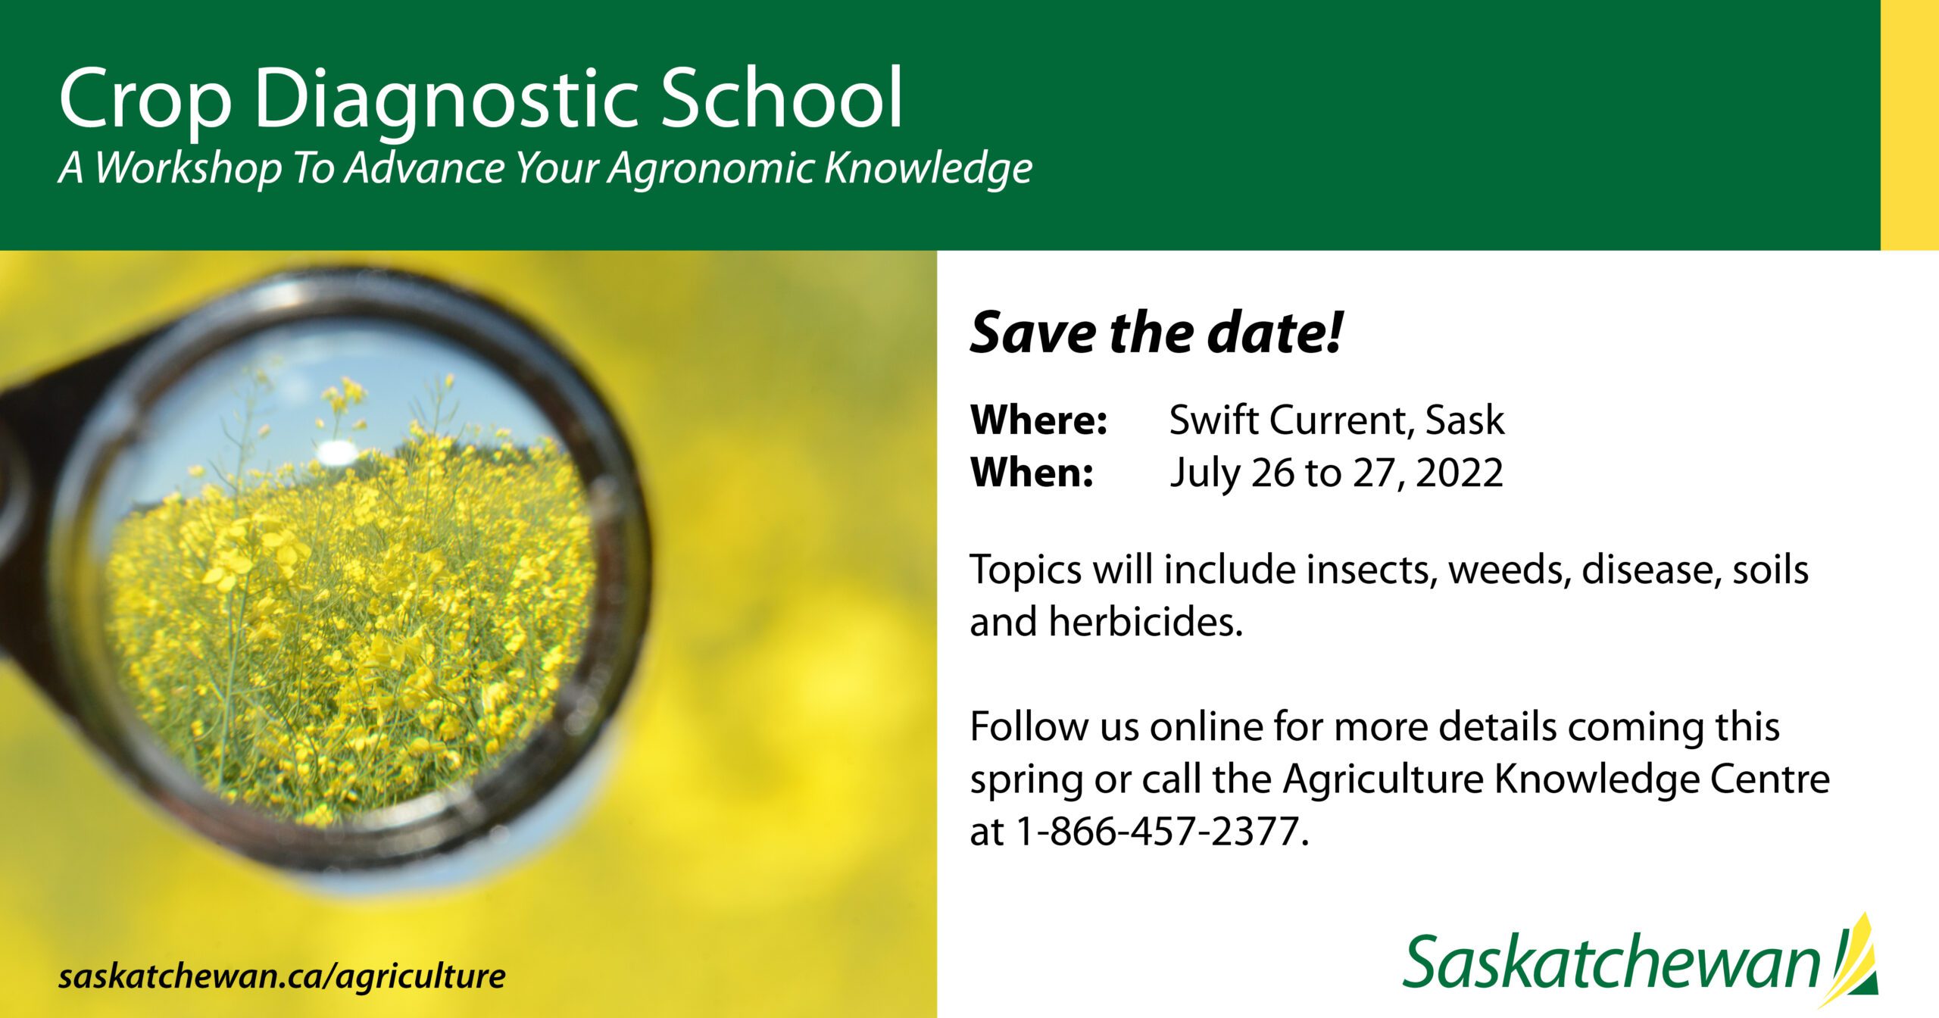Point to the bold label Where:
[x=1038, y=420]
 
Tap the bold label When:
[x=1032, y=473]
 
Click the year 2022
[x=1459, y=473]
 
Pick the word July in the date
[x=1204, y=473]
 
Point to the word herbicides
[x=1144, y=623]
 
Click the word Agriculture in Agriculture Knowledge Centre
[x=1382, y=779]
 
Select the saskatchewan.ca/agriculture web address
[x=282, y=976]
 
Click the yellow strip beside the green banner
[x=1909, y=125]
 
